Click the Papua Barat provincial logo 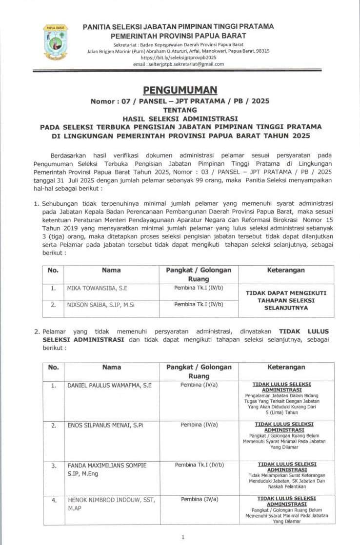[x=55, y=42]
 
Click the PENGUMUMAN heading [x=180, y=90]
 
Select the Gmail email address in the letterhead [x=179, y=64]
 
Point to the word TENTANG [x=180, y=110]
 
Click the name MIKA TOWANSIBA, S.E [x=98, y=289]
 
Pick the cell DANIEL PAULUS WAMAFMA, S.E [x=109, y=385]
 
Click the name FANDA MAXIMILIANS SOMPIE [x=107, y=466]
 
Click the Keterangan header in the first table [x=286, y=270]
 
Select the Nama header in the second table [x=111, y=367]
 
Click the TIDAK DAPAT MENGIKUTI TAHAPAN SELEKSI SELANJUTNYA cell [x=286, y=300]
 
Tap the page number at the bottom [x=182, y=537]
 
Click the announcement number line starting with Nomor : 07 [x=180, y=101]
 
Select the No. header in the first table [x=53, y=270]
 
